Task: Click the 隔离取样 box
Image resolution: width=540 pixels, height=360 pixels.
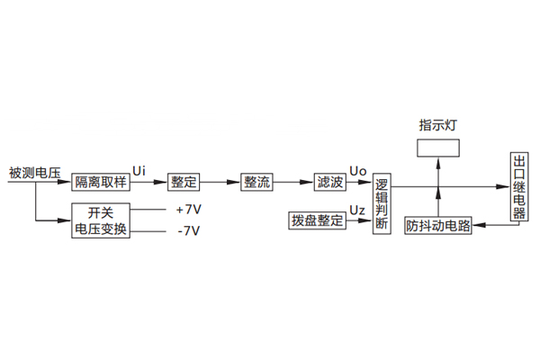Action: (x=102, y=182)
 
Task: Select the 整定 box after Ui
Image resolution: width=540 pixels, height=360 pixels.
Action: (x=184, y=182)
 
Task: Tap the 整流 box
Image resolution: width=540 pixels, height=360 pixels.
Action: (x=257, y=182)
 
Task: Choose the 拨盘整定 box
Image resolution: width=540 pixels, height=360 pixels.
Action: (x=317, y=220)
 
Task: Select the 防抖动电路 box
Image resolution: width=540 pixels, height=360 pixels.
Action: (x=439, y=226)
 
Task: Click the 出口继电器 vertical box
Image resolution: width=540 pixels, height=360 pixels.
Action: (x=518, y=187)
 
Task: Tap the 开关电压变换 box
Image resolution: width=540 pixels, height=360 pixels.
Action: (x=102, y=220)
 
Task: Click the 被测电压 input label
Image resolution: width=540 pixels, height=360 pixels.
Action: (x=34, y=171)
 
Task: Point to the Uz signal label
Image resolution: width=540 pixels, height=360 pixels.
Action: (x=356, y=211)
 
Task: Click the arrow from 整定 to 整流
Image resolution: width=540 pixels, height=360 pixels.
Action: (x=220, y=182)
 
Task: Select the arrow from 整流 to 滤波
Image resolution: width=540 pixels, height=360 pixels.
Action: (x=293, y=182)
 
